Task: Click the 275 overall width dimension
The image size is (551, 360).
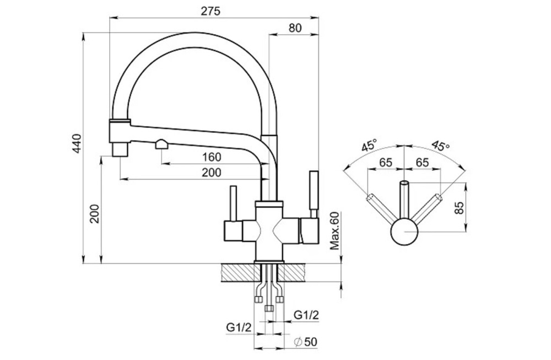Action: pyautogui.click(x=210, y=11)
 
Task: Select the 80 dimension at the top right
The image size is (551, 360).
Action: pyautogui.click(x=295, y=28)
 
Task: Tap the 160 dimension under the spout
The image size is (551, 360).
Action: pyautogui.click(x=212, y=157)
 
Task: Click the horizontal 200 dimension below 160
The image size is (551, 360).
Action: pyautogui.click(x=212, y=172)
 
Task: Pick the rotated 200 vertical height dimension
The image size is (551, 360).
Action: pyautogui.click(x=95, y=213)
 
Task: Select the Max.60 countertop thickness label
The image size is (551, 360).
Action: pyautogui.click(x=335, y=230)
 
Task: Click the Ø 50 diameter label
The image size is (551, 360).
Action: pyautogui.click(x=305, y=341)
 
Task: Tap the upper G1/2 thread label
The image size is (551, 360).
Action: pyautogui.click(x=306, y=315)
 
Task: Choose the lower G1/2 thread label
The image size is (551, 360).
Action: pyautogui.click(x=239, y=327)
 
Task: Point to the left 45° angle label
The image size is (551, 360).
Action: pyautogui.click(x=370, y=145)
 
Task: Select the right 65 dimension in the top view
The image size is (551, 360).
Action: pyautogui.click(x=422, y=163)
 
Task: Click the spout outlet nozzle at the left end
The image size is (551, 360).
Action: pyautogui.click(x=120, y=149)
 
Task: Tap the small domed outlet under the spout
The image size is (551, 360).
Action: pyautogui.click(x=161, y=144)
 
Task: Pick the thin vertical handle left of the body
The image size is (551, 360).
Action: pyautogui.click(x=233, y=203)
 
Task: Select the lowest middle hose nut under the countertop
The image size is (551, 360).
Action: pyautogui.click(x=269, y=308)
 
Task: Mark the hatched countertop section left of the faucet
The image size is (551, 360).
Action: pyautogui.click(x=237, y=273)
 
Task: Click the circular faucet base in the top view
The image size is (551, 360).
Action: pyautogui.click(x=404, y=232)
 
